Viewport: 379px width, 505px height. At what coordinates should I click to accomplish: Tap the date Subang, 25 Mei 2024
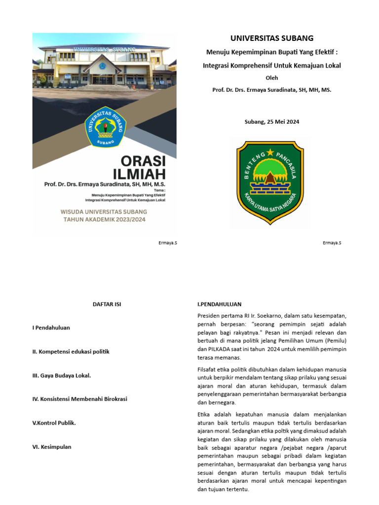pyautogui.click(x=272, y=121)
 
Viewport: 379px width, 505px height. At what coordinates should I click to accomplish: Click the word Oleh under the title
pyautogui.click(x=272, y=77)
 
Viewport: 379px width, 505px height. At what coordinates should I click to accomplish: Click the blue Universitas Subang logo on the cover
pyautogui.click(x=106, y=127)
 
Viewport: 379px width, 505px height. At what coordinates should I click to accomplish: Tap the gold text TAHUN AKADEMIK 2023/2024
pyautogui.click(x=104, y=220)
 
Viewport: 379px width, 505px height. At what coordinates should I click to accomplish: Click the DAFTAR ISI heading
pyautogui.click(x=107, y=304)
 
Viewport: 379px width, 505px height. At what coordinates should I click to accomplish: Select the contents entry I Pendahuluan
pyautogui.click(x=51, y=328)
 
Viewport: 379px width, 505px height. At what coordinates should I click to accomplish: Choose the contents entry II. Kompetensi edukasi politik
pyautogui.click(x=71, y=352)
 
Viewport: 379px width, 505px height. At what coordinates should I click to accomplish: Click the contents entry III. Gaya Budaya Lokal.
pyautogui.click(x=62, y=375)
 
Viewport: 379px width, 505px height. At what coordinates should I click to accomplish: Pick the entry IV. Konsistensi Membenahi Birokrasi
pyautogui.click(x=79, y=399)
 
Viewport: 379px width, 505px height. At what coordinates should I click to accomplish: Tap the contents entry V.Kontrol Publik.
pyautogui.click(x=54, y=423)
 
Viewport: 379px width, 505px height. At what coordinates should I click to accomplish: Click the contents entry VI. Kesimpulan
pyautogui.click(x=52, y=447)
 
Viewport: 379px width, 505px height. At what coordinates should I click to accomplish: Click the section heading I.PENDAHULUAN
pyautogui.click(x=219, y=304)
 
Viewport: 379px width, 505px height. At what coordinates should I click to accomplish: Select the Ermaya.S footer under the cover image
pyautogui.click(x=168, y=243)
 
